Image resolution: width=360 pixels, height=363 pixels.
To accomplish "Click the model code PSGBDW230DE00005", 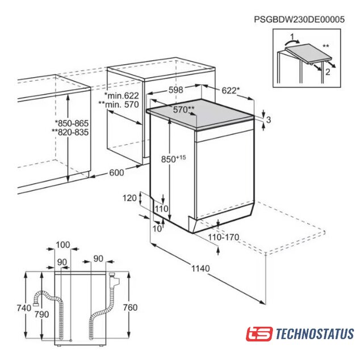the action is click(x=299, y=19).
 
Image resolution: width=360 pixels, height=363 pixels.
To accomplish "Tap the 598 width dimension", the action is click(x=175, y=90).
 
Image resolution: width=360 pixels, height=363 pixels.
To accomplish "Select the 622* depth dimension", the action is click(x=231, y=90).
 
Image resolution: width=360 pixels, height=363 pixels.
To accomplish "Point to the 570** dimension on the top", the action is click(x=184, y=109).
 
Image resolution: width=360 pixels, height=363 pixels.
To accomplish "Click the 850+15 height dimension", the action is click(x=173, y=159).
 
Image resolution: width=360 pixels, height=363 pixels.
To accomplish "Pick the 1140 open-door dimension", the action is click(x=200, y=268).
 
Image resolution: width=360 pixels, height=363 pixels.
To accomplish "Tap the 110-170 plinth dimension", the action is click(x=224, y=237).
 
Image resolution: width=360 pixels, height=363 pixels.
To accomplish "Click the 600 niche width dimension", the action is click(x=116, y=172).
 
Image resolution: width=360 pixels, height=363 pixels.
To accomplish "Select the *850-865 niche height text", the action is click(x=72, y=123).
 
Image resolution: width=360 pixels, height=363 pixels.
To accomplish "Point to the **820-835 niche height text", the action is click(x=70, y=132).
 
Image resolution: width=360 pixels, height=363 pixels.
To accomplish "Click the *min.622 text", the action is click(x=122, y=95).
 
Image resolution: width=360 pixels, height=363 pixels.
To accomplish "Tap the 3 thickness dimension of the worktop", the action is click(x=269, y=120).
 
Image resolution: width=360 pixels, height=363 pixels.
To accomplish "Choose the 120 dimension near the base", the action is click(x=129, y=198).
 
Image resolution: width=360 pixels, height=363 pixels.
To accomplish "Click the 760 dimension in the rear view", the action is click(x=130, y=307).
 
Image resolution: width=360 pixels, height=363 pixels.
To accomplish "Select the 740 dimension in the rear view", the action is click(x=24, y=308).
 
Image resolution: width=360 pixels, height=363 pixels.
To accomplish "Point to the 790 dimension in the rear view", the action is click(x=41, y=314).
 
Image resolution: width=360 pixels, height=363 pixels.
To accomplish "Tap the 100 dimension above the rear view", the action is click(x=63, y=244).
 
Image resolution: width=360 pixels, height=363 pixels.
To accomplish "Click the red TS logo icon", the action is click(x=259, y=334).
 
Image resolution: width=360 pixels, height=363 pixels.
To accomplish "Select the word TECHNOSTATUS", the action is click(x=315, y=334).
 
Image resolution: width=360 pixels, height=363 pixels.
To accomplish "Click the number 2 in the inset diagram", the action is click(x=328, y=72).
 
